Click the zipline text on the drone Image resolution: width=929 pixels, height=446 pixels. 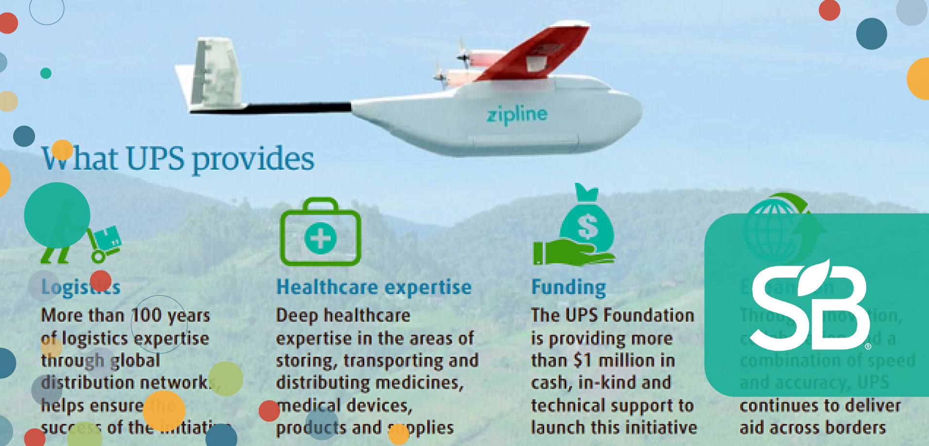point(517,115)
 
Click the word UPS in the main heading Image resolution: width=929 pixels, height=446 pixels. point(155,159)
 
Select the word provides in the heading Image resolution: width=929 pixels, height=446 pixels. point(253,159)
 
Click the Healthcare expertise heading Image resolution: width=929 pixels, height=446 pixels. point(374,287)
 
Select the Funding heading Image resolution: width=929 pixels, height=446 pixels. point(569,287)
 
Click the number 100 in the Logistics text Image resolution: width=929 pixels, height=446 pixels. point(146,315)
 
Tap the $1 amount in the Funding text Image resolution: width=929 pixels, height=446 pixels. point(583,360)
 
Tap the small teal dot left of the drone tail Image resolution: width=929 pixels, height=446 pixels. point(46,73)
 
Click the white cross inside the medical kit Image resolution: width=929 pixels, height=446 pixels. point(320,238)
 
